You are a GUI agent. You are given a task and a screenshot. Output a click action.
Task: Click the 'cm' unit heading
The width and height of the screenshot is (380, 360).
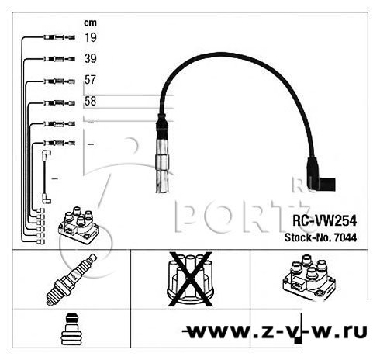(90, 22)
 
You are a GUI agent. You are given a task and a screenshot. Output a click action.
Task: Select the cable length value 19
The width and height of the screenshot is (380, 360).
(91, 37)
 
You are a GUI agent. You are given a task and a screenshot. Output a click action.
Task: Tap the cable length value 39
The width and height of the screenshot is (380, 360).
(91, 58)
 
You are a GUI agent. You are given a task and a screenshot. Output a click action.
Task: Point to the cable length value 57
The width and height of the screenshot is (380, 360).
(90, 80)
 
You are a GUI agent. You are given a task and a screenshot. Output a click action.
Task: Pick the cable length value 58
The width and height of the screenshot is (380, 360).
(90, 101)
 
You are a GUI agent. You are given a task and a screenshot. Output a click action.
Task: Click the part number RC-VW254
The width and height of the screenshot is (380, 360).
(324, 221)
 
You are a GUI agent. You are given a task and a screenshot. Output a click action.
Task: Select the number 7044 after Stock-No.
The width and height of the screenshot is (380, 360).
(345, 237)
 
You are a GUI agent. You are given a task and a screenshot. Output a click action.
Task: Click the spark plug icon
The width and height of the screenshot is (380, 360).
(71, 279)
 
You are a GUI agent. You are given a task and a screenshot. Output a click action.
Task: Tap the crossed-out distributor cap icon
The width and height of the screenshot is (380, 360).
(190, 279)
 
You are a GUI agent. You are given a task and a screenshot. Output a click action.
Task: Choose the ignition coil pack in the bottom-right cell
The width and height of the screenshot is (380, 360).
(309, 278)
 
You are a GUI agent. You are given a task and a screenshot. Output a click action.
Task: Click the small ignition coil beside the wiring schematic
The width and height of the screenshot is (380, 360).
(78, 225)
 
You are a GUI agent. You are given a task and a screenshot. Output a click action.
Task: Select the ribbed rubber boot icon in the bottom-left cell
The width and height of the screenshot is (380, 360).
(71, 329)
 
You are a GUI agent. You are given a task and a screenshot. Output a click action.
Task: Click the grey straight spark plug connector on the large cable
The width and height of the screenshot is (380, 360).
(162, 154)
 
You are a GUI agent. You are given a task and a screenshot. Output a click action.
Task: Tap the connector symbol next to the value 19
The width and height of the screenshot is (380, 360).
(60, 37)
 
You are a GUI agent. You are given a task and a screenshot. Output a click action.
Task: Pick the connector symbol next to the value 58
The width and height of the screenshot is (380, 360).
(60, 103)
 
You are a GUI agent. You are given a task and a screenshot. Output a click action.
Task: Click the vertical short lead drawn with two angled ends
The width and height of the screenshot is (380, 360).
(46, 177)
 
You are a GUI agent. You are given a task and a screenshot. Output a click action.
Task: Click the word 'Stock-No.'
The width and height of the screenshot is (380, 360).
(308, 237)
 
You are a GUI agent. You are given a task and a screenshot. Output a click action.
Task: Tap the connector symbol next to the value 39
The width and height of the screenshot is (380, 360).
(60, 59)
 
